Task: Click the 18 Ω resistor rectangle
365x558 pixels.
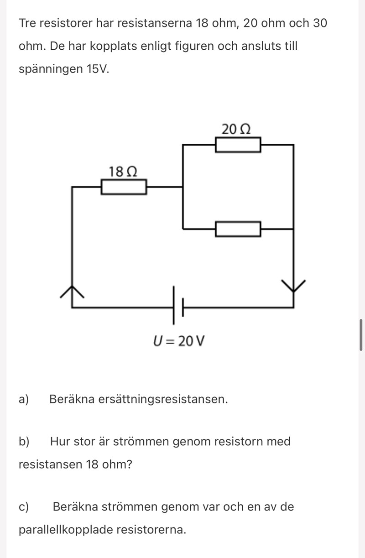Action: pyautogui.click(x=124, y=187)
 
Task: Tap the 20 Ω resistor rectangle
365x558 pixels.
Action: pyautogui.click(x=238, y=145)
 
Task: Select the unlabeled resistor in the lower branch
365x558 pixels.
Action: pyautogui.click(x=238, y=229)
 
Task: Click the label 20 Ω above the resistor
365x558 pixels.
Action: pyautogui.click(x=236, y=129)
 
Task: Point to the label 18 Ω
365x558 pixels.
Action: pyautogui.click(x=123, y=172)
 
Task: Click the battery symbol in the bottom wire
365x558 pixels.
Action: pyautogui.click(x=178, y=305)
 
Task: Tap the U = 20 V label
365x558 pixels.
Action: pyautogui.click(x=179, y=341)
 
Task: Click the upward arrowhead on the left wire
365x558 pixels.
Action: pyautogui.click(x=72, y=292)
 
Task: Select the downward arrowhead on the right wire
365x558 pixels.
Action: pyautogui.click(x=293, y=286)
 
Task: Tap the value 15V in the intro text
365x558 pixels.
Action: pyautogui.click(x=98, y=69)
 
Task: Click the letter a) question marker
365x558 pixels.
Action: pyautogui.click(x=24, y=399)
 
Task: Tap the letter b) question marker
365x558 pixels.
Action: pyautogui.click(x=24, y=441)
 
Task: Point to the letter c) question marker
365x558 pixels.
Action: pyautogui.click(x=24, y=507)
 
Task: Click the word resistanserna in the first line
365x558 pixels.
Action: pyautogui.click(x=155, y=23)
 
